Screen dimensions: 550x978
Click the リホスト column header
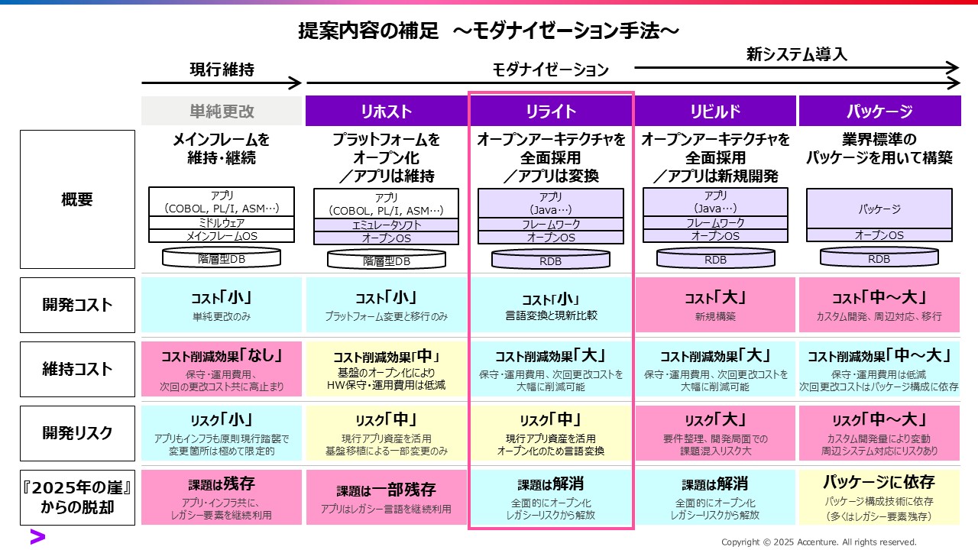click(386, 112)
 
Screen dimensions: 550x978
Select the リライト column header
click(551, 112)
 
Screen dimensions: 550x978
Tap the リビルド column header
click(715, 112)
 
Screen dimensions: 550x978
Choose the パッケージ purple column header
click(879, 112)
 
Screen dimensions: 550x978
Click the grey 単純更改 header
click(222, 112)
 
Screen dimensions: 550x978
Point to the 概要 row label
click(77, 199)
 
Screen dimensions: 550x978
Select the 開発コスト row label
click(77, 305)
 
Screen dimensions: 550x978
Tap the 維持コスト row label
click(77, 369)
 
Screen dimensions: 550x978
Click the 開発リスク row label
click(77, 433)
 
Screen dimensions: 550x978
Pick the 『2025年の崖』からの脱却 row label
click(77, 497)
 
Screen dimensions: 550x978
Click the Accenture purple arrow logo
click(37, 536)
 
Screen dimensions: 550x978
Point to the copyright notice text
click(818, 542)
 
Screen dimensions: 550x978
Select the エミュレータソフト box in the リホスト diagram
click(386, 225)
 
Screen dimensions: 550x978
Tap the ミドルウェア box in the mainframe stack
click(222, 223)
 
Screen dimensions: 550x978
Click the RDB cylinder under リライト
click(551, 260)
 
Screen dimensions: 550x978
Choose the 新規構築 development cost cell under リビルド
click(715, 305)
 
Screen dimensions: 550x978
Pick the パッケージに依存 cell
click(879, 497)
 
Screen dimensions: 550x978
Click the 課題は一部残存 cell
click(386, 497)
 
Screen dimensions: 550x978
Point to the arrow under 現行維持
click(222, 82)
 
